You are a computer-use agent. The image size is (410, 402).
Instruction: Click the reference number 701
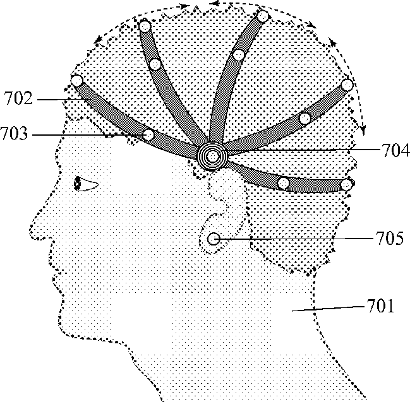380,307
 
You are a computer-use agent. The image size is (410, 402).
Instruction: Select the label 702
16,98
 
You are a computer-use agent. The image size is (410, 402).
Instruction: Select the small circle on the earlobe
214,239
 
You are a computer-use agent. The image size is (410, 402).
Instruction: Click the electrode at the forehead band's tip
77,81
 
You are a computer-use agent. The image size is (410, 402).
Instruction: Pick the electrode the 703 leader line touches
148,134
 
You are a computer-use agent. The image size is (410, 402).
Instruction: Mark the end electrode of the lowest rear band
346,185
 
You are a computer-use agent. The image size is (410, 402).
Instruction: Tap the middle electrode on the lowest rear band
284,183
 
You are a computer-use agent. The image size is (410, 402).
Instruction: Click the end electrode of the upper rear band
346,85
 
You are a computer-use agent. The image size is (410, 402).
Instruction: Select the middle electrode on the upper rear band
305,118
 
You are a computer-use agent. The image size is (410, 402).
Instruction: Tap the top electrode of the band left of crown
145,27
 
